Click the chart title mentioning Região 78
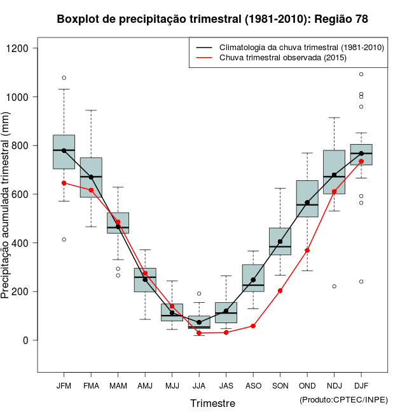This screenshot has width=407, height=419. pyautogui.click(x=212, y=20)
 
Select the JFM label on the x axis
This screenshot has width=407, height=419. pyautogui.click(x=64, y=386)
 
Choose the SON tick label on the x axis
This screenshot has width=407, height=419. pyautogui.click(x=280, y=386)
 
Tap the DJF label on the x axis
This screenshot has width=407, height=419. pyautogui.click(x=361, y=386)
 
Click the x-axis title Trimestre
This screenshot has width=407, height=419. pyautogui.click(x=212, y=403)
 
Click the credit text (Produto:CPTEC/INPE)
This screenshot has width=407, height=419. pyautogui.click(x=343, y=400)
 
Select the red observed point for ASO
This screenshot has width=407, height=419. pyautogui.click(x=253, y=326)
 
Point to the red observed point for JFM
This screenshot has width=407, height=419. pyautogui.click(x=64, y=183)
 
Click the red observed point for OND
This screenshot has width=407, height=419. pyautogui.click(x=307, y=250)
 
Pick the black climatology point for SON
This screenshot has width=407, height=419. pyautogui.click(x=280, y=241)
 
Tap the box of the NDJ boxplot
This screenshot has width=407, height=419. pyautogui.click(x=334, y=172)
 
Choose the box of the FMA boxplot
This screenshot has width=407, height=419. pyautogui.click(x=91, y=178)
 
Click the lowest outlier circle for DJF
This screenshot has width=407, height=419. pyautogui.click(x=361, y=281)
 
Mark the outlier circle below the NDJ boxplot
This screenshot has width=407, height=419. pyautogui.click(x=334, y=286)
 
